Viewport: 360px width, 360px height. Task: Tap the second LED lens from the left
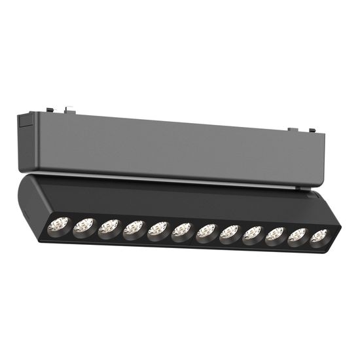coord(82,226)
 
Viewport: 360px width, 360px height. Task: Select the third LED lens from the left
coord(108,228)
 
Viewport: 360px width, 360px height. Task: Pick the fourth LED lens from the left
coord(133,228)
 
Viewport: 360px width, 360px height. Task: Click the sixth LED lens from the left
coord(183,230)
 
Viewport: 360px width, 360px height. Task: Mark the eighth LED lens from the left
coord(230,232)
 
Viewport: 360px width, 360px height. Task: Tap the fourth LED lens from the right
coord(253,234)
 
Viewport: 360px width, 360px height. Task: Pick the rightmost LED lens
coord(319,237)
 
